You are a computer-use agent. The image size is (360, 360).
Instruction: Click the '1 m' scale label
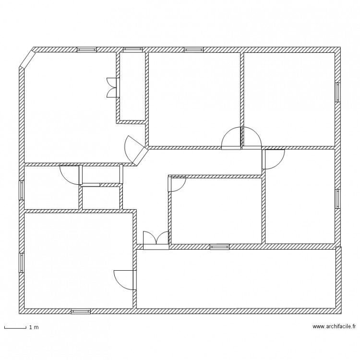(x=33, y=327)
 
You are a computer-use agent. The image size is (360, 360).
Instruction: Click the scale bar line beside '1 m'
(x=15, y=328)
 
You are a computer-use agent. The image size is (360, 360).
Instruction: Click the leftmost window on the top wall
(x=87, y=49)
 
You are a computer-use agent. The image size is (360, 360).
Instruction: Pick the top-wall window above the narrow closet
(x=132, y=49)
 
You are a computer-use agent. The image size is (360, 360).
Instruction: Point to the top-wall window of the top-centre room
(x=193, y=49)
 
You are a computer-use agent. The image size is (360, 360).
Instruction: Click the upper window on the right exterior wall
(x=338, y=92)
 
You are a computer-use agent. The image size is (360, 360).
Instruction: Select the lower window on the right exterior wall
(x=338, y=199)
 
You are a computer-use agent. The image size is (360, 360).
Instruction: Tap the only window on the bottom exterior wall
(x=81, y=312)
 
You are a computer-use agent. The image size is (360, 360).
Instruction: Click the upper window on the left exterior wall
(x=22, y=190)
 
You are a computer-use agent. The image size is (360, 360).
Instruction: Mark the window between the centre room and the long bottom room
(x=219, y=247)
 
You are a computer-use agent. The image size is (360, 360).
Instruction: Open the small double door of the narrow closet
(x=112, y=88)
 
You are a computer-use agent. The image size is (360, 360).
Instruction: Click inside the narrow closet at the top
(x=132, y=86)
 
